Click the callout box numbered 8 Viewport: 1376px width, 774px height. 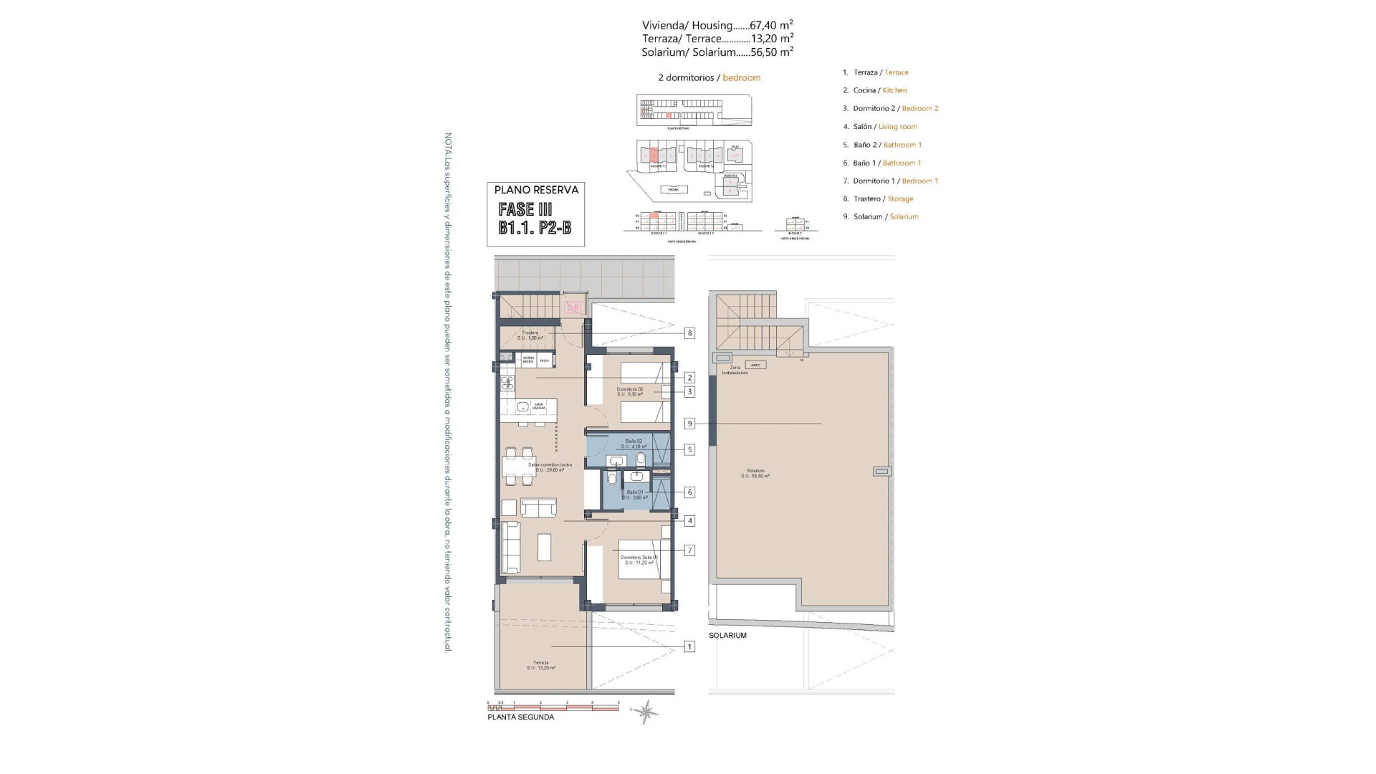(x=689, y=333)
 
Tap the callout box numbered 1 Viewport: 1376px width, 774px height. (x=689, y=646)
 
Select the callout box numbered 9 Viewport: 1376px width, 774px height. (x=689, y=424)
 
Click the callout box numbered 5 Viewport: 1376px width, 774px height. (x=689, y=450)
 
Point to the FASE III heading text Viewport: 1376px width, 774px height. (x=525, y=209)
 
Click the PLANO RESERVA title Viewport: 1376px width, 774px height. (x=536, y=190)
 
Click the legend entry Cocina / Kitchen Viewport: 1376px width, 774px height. (x=879, y=90)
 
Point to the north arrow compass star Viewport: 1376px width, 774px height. (x=646, y=711)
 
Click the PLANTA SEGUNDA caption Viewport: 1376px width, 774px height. (x=520, y=717)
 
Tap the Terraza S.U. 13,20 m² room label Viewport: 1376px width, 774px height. (x=541, y=665)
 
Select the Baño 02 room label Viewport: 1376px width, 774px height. (x=634, y=444)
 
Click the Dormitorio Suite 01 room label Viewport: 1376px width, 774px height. (x=639, y=560)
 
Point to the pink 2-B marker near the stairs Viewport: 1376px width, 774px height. (x=572, y=308)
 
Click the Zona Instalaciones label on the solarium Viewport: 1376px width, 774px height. (x=735, y=370)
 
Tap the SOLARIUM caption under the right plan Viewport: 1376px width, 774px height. (x=727, y=636)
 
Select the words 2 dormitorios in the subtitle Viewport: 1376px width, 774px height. (x=686, y=77)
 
